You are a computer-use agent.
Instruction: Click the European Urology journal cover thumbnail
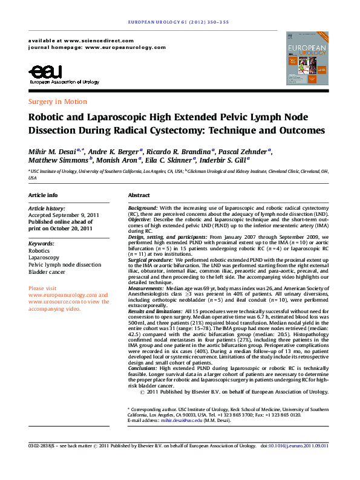coord(307,59)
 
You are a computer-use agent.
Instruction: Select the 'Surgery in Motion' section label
coord(57,102)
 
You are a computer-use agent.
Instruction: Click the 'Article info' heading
coord(43,195)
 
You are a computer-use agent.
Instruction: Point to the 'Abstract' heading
coord(139,195)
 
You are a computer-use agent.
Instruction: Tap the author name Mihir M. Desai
coord(53,151)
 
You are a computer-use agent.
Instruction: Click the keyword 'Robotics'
coord(39,250)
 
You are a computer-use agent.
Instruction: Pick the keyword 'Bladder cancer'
coord(50,272)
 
